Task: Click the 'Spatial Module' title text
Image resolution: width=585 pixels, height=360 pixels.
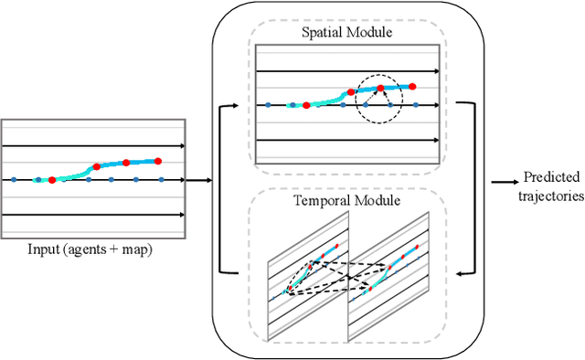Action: click(x=347, y=33)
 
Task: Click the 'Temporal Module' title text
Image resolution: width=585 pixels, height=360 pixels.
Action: click(x=347, y=199)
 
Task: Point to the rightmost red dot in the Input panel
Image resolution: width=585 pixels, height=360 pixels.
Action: click(x=158, y=161)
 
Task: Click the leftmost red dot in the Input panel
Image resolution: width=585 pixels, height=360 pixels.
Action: click(x=52, y=180)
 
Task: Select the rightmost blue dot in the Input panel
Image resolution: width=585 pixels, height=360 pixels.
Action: click(x=162, y=180)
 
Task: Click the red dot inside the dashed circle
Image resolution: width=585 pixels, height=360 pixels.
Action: click(x=382, y=90)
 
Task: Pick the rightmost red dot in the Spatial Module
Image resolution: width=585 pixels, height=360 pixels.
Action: click(x=412, y=86)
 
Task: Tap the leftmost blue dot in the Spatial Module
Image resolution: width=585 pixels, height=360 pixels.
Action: click(x=269, y=105)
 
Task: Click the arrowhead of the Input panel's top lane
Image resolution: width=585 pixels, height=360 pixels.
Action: click(x=183, y=145)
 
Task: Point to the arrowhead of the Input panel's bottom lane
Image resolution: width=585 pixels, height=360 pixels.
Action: click(x=183, y=215)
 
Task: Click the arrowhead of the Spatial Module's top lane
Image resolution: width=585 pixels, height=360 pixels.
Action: click(x=438, y=70)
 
